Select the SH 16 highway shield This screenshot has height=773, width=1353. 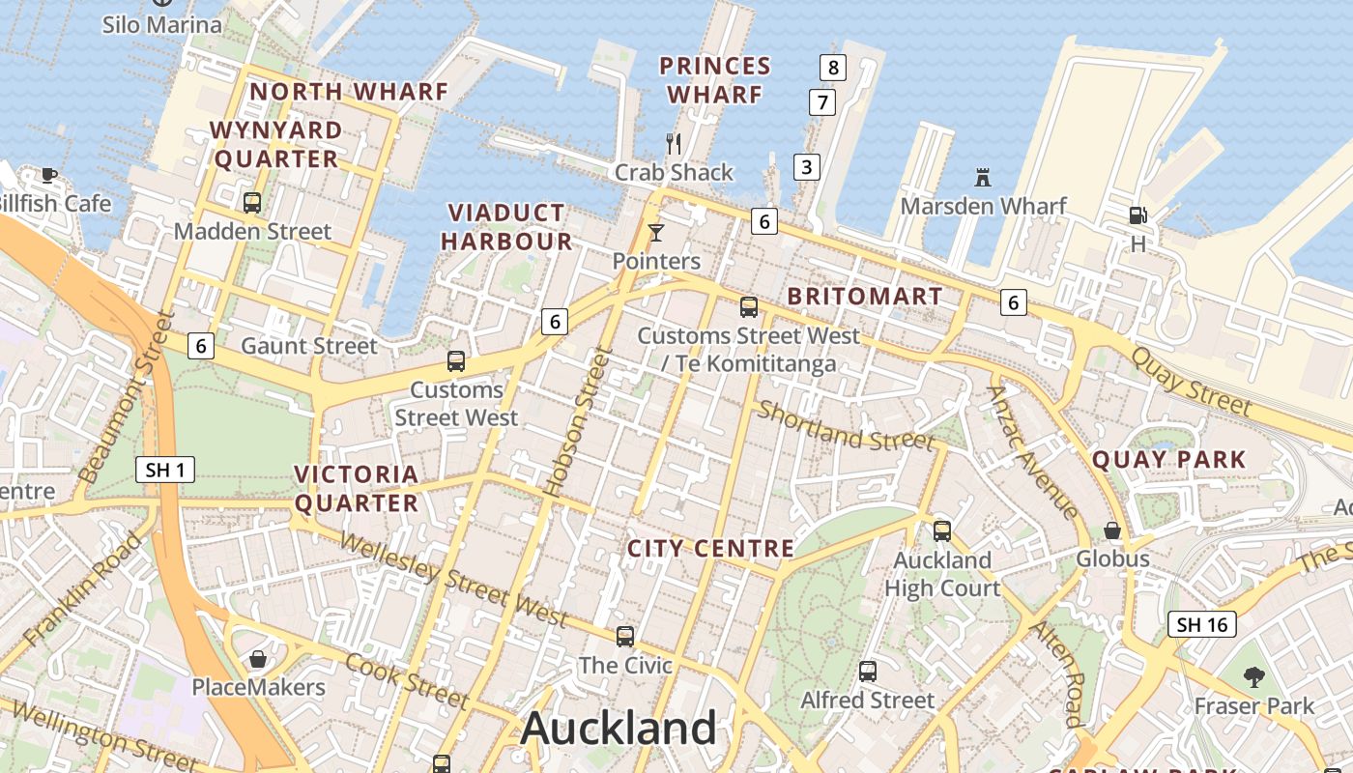point(1202,624)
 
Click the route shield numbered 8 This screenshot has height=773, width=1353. point(832,68)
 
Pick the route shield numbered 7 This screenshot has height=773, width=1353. point(821,102)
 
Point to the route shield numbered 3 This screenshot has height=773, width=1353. point(806,166)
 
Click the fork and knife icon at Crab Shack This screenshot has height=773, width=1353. point(674,144)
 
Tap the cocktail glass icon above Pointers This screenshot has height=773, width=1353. point(656,232)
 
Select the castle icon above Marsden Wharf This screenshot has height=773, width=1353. point(983,178)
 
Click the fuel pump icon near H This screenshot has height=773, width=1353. point(1137,215)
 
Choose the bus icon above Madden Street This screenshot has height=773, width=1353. point(252,202)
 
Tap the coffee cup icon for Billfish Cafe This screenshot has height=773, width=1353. point(49,175)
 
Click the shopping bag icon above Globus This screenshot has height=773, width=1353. point(1112,530)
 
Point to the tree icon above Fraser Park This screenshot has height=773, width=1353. point(1254,676)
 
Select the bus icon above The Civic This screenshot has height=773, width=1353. point(625,637)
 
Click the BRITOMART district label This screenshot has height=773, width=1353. point(865,297)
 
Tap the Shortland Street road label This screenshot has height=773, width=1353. point(846,426)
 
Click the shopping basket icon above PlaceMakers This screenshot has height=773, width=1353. point(258,659)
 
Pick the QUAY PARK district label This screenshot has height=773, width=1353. point(1168,460)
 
